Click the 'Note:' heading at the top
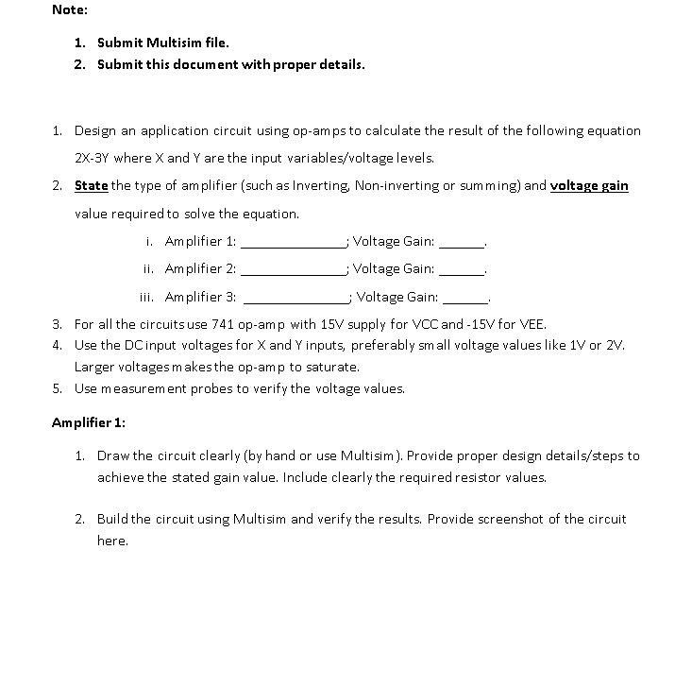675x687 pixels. click(x=70, y=9)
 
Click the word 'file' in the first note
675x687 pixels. click(x=213, y=43)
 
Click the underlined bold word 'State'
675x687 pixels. click(x=92, y=185)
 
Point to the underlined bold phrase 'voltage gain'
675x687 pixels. click(x=588, y=185)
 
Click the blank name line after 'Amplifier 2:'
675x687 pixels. click(x=294, y=269)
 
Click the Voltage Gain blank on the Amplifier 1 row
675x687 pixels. click(x=462, y=242)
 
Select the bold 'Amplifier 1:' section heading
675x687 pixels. click(x=89, y=421)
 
